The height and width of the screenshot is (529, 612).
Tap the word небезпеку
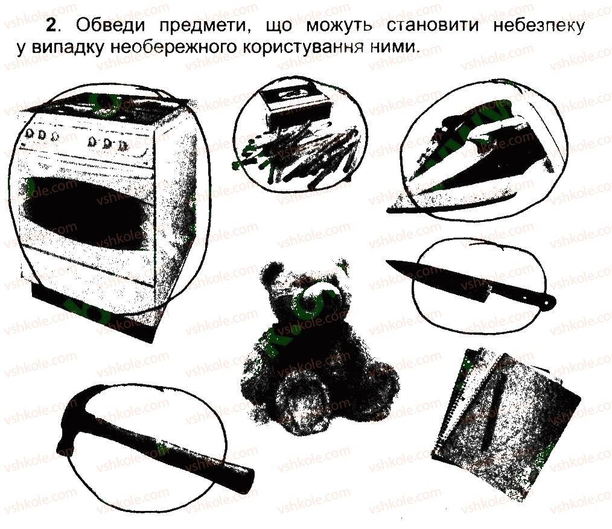pyautogui.click(x=538, y=26)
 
